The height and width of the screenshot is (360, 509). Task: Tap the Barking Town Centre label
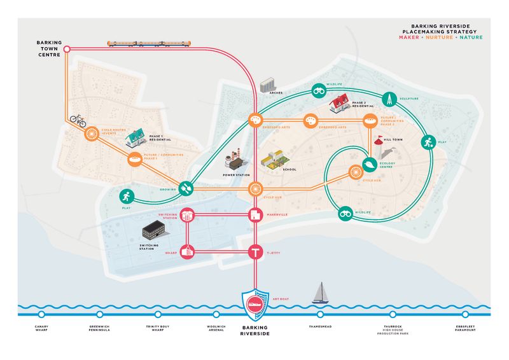pyautogui.click(x=48, y=50)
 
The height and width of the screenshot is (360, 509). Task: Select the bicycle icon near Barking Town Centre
pyautogui.click(x=78, y=119)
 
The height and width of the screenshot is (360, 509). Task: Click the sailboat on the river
pyautogui.click(x=319, y=293)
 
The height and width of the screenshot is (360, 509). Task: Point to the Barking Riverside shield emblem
pyautogui.click(x=254, y=305)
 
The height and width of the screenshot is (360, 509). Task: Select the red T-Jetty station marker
pyautogui.click(x=254, y=253)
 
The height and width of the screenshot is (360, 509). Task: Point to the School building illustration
pyautogui.click(x=273, y=159)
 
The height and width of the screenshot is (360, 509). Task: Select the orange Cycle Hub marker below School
pyautogui.click(x=254, y=189)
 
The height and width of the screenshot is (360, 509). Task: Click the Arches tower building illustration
pyautogui.click(x=267, y=85)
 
